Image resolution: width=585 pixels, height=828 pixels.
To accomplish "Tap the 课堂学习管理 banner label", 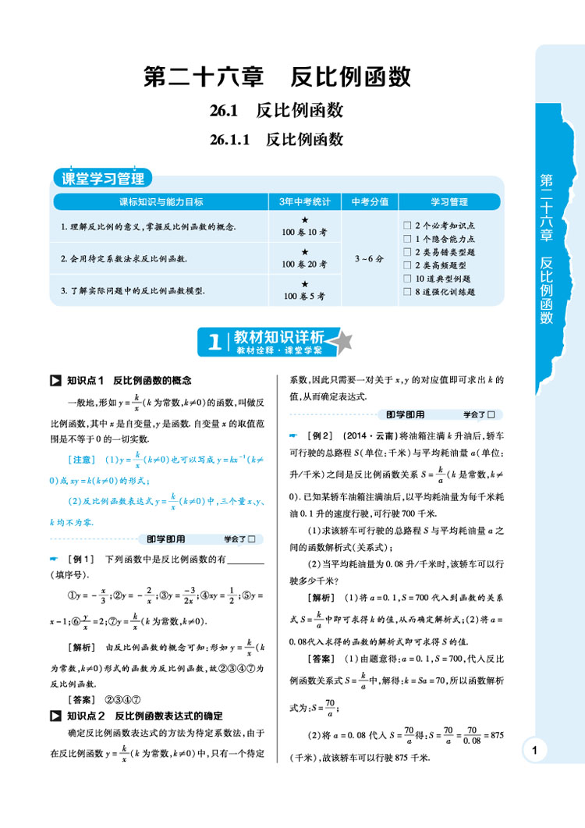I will click(x=104, y=178).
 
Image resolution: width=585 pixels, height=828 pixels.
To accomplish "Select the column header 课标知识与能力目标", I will click(x=161, y=201).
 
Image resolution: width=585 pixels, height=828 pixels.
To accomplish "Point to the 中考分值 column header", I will click(x=370, y=201).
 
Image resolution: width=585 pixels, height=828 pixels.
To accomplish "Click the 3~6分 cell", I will click(x=370, y=258).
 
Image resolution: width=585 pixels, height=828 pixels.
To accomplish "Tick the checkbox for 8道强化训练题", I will click(x=407, y=292).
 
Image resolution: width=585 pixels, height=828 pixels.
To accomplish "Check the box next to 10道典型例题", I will click(x=407, y=279).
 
